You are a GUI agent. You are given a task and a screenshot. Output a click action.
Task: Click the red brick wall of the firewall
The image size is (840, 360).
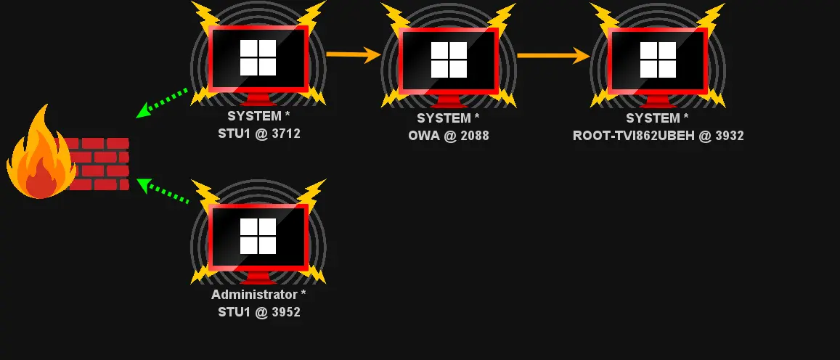click(x=102, y=164)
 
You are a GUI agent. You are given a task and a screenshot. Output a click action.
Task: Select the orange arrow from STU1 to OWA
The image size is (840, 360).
click(x=354, y=54)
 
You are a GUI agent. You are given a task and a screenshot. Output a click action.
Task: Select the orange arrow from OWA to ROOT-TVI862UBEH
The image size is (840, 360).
click(x=553, y=55)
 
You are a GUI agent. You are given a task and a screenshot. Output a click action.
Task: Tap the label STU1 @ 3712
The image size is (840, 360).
click(x=259, y=133)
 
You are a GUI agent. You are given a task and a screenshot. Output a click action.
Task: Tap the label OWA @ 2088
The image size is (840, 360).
click(x=449, y=135)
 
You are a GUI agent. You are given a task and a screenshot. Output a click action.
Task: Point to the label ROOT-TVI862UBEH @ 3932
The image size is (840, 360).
click(x=658, y=135)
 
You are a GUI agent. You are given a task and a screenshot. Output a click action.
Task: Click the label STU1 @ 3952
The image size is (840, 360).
click(x=259, y=311)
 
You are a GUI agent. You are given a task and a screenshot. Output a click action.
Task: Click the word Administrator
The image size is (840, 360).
click(x=253, y=295)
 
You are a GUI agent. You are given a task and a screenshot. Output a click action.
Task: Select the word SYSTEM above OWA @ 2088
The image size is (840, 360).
click(x=444, y=118)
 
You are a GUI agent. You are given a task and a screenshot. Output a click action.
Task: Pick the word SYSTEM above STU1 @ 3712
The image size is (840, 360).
click(x=253, y=116)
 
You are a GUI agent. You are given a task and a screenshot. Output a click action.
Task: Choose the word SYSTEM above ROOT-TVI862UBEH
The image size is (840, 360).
click(x=653, y=118)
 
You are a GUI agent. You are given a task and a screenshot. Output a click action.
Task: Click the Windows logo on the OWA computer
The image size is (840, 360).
click(x=449, y=60)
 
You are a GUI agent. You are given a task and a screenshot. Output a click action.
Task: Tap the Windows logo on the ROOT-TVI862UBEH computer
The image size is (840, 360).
click(x=658, y=60)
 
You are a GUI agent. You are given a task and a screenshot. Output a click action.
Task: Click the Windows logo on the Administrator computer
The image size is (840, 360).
click(x=258, y=236)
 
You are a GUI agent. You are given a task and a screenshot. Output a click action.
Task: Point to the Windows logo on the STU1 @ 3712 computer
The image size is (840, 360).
click(x=258, y=57)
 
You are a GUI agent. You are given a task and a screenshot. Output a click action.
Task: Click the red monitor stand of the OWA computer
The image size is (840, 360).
click(x=449, y=102)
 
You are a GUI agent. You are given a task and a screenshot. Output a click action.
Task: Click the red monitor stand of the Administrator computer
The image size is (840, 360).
click(x=258, y=278)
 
